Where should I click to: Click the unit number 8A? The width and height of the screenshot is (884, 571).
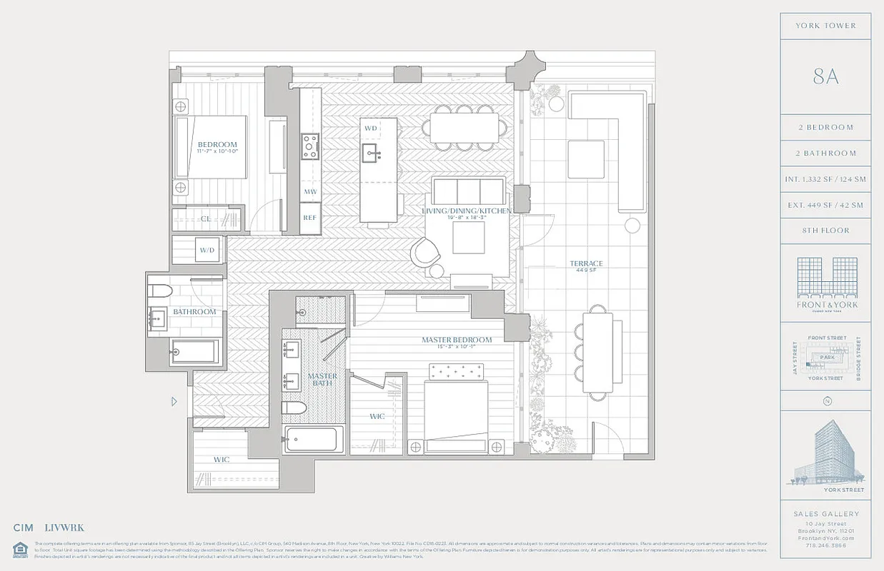(x=825, y=77)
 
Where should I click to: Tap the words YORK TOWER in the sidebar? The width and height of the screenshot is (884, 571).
(x=825, y=26)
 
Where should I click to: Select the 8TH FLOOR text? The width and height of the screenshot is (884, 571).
(x=825, y=231)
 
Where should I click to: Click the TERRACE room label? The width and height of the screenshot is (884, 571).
(x=586, y=264)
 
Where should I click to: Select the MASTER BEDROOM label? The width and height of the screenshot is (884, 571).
(x=456, y=340)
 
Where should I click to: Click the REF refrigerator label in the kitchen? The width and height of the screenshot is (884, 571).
(x=309, y=218)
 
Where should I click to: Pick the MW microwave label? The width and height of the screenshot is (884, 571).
(x=309, y=192)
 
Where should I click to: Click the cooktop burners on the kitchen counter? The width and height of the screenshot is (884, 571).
(x=310, y=146)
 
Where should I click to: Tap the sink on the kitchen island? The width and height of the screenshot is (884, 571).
(x=371, y=151)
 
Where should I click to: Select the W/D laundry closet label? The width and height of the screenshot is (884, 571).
(x=207, y=251)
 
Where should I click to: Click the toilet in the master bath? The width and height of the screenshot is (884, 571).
(x=294, y=408)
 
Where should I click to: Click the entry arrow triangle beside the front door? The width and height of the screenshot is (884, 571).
(x=174, y=402)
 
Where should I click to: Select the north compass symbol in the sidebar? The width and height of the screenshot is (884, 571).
(x=827, y=401)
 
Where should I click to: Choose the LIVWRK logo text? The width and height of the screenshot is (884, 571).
(x=64, y=528)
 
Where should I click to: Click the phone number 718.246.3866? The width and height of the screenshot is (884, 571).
(x=825, y=545)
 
